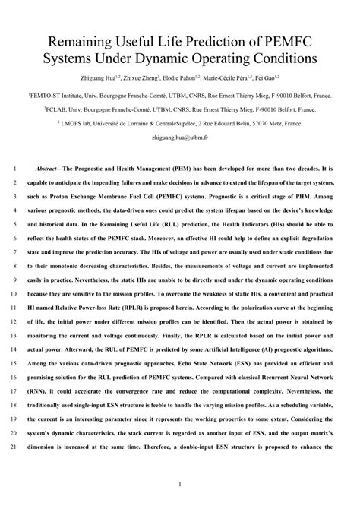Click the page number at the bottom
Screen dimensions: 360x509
coord(180,484)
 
